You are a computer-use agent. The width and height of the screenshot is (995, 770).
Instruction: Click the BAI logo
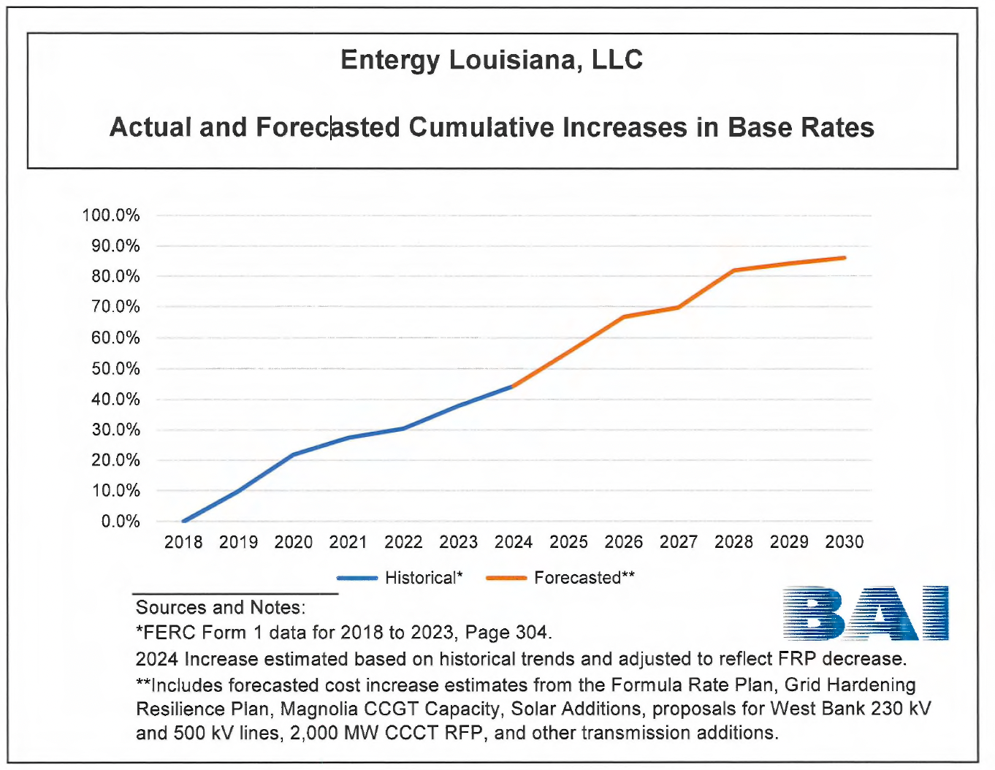[865, 613]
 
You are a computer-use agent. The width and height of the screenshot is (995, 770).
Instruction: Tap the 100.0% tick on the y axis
[111, 216]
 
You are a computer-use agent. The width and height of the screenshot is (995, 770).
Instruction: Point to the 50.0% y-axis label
[115, 369]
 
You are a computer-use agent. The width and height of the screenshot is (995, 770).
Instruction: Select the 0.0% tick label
[121, 522]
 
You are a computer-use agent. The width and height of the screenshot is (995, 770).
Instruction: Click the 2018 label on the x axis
[183, 542]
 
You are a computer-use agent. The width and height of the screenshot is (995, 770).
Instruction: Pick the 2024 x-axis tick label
[514, 542]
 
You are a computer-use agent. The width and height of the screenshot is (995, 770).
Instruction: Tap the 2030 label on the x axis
[844, 542]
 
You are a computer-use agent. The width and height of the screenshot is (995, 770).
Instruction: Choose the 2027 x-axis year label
[679, 542]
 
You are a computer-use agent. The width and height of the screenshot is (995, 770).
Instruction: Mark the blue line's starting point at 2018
[183, 521]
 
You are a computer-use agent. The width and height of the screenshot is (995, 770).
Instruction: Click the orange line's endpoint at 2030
[845, 258]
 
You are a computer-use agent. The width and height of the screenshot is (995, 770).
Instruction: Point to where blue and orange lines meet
[514, 386]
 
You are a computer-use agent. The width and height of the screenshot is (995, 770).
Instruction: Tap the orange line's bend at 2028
[733, 270]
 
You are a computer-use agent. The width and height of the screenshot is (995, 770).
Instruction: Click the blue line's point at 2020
[293, 454]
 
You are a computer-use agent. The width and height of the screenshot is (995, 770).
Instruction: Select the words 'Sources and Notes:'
[221, 608]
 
